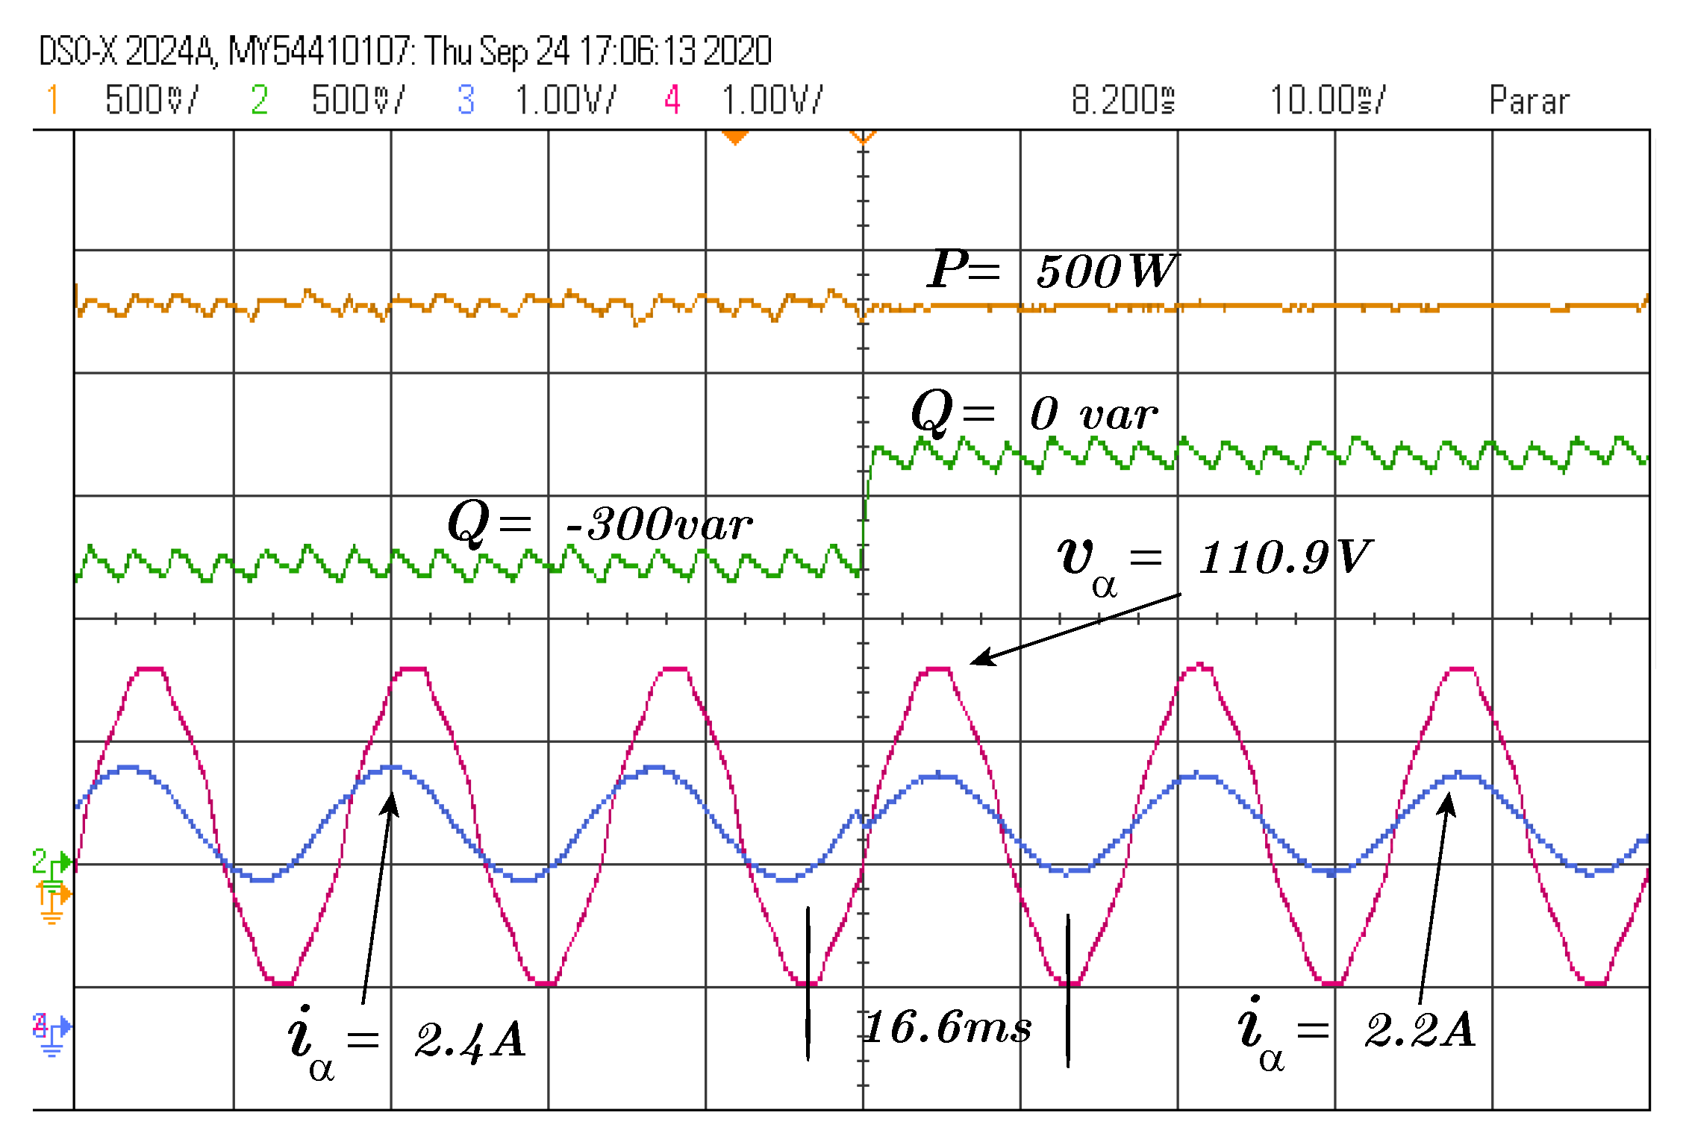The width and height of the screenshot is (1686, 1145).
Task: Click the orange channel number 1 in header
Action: click(52, 99)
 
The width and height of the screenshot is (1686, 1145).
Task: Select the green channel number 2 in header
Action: click(259, 99)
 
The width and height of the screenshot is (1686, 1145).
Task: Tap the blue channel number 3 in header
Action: click(466, 99)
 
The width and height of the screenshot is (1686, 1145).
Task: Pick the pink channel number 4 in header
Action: click(672, 99)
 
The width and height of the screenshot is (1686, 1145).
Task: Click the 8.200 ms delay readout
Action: click(1123, 100)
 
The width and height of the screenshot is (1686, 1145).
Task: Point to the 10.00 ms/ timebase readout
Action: click(1327, 100)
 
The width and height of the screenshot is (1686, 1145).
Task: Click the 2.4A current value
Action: click(470, 1040)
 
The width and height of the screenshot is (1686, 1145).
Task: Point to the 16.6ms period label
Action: click(948, 1027)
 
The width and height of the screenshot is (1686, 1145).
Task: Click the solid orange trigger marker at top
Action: click(735, 137)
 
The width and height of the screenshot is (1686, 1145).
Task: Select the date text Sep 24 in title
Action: click(524, 51)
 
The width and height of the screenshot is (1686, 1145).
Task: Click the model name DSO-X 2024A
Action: click(127, 51)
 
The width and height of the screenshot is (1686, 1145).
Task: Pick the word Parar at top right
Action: click(1529, 100)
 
